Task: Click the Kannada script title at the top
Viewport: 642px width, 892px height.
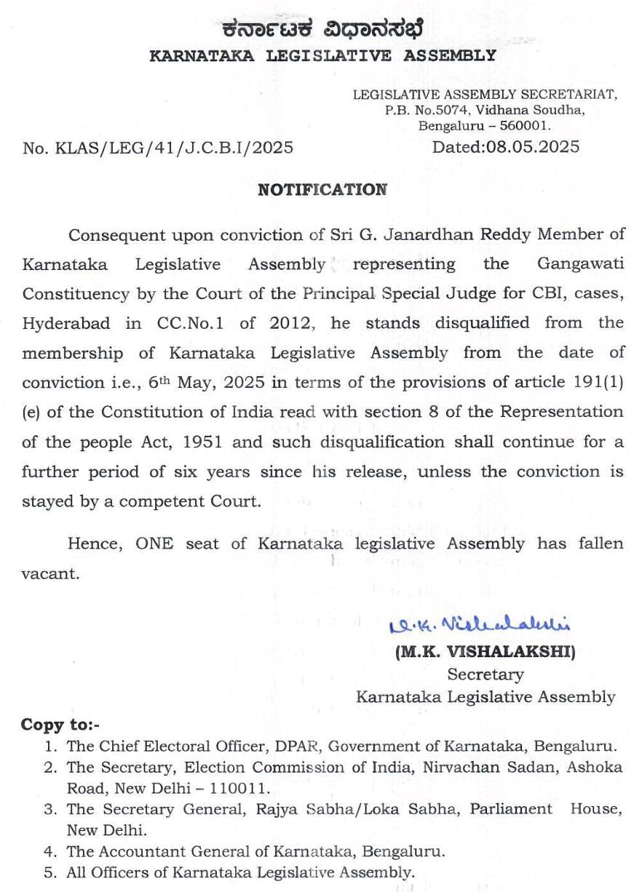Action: click(x=322, y=29)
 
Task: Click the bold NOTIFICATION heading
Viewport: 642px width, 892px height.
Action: click(x=322, y=190)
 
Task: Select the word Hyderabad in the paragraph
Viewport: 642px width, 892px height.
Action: click(x=68, y=323)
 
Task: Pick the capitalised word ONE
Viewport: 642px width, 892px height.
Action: click(x=154, y=543)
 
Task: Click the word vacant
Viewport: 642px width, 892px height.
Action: click(x=49, y=573)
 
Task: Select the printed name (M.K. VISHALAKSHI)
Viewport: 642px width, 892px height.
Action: click(x=485, y=653)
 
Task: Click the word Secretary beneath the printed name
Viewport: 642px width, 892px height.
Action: click(x=485, y=674)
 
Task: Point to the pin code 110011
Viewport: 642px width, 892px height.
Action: click(x=231, y=788)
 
